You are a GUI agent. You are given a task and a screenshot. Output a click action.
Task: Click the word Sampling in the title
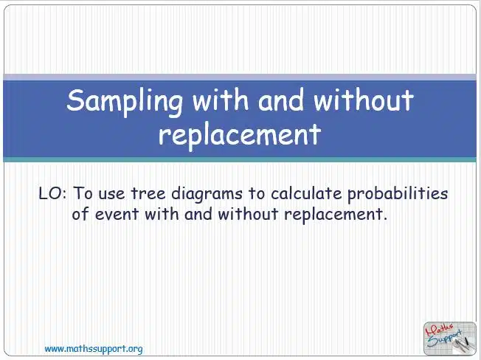tap(125, 102)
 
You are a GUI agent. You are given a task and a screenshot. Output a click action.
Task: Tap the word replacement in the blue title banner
tap(240, 135)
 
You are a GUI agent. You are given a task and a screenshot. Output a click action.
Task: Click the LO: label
tap(52, 193)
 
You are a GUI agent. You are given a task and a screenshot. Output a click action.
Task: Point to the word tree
tap(148, 193)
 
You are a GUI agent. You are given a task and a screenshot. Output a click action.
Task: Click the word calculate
tap(306, 193)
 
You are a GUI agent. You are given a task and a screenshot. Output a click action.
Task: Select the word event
tap(117, 214)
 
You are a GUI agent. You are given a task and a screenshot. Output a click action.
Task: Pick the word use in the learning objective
tap(111, 195)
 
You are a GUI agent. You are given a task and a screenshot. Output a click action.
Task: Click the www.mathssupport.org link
tap(94, 349)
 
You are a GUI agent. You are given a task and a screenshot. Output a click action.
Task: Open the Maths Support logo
tap(450, 338)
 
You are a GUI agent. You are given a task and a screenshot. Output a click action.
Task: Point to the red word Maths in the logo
tap(439, 330)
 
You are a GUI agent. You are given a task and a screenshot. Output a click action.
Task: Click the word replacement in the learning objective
tap(333, 215)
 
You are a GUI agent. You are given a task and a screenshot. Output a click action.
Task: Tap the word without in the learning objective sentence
tap(248, 213)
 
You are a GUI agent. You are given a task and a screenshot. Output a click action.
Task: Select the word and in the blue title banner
tap(280, 100)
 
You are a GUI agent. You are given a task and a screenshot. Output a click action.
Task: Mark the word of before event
tap(80, 213)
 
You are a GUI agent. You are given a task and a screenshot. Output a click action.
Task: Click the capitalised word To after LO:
tap(83, 193)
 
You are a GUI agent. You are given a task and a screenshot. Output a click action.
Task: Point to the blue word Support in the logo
tap(445, 339)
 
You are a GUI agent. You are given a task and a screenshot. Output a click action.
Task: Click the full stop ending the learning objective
tap(385, 218)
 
